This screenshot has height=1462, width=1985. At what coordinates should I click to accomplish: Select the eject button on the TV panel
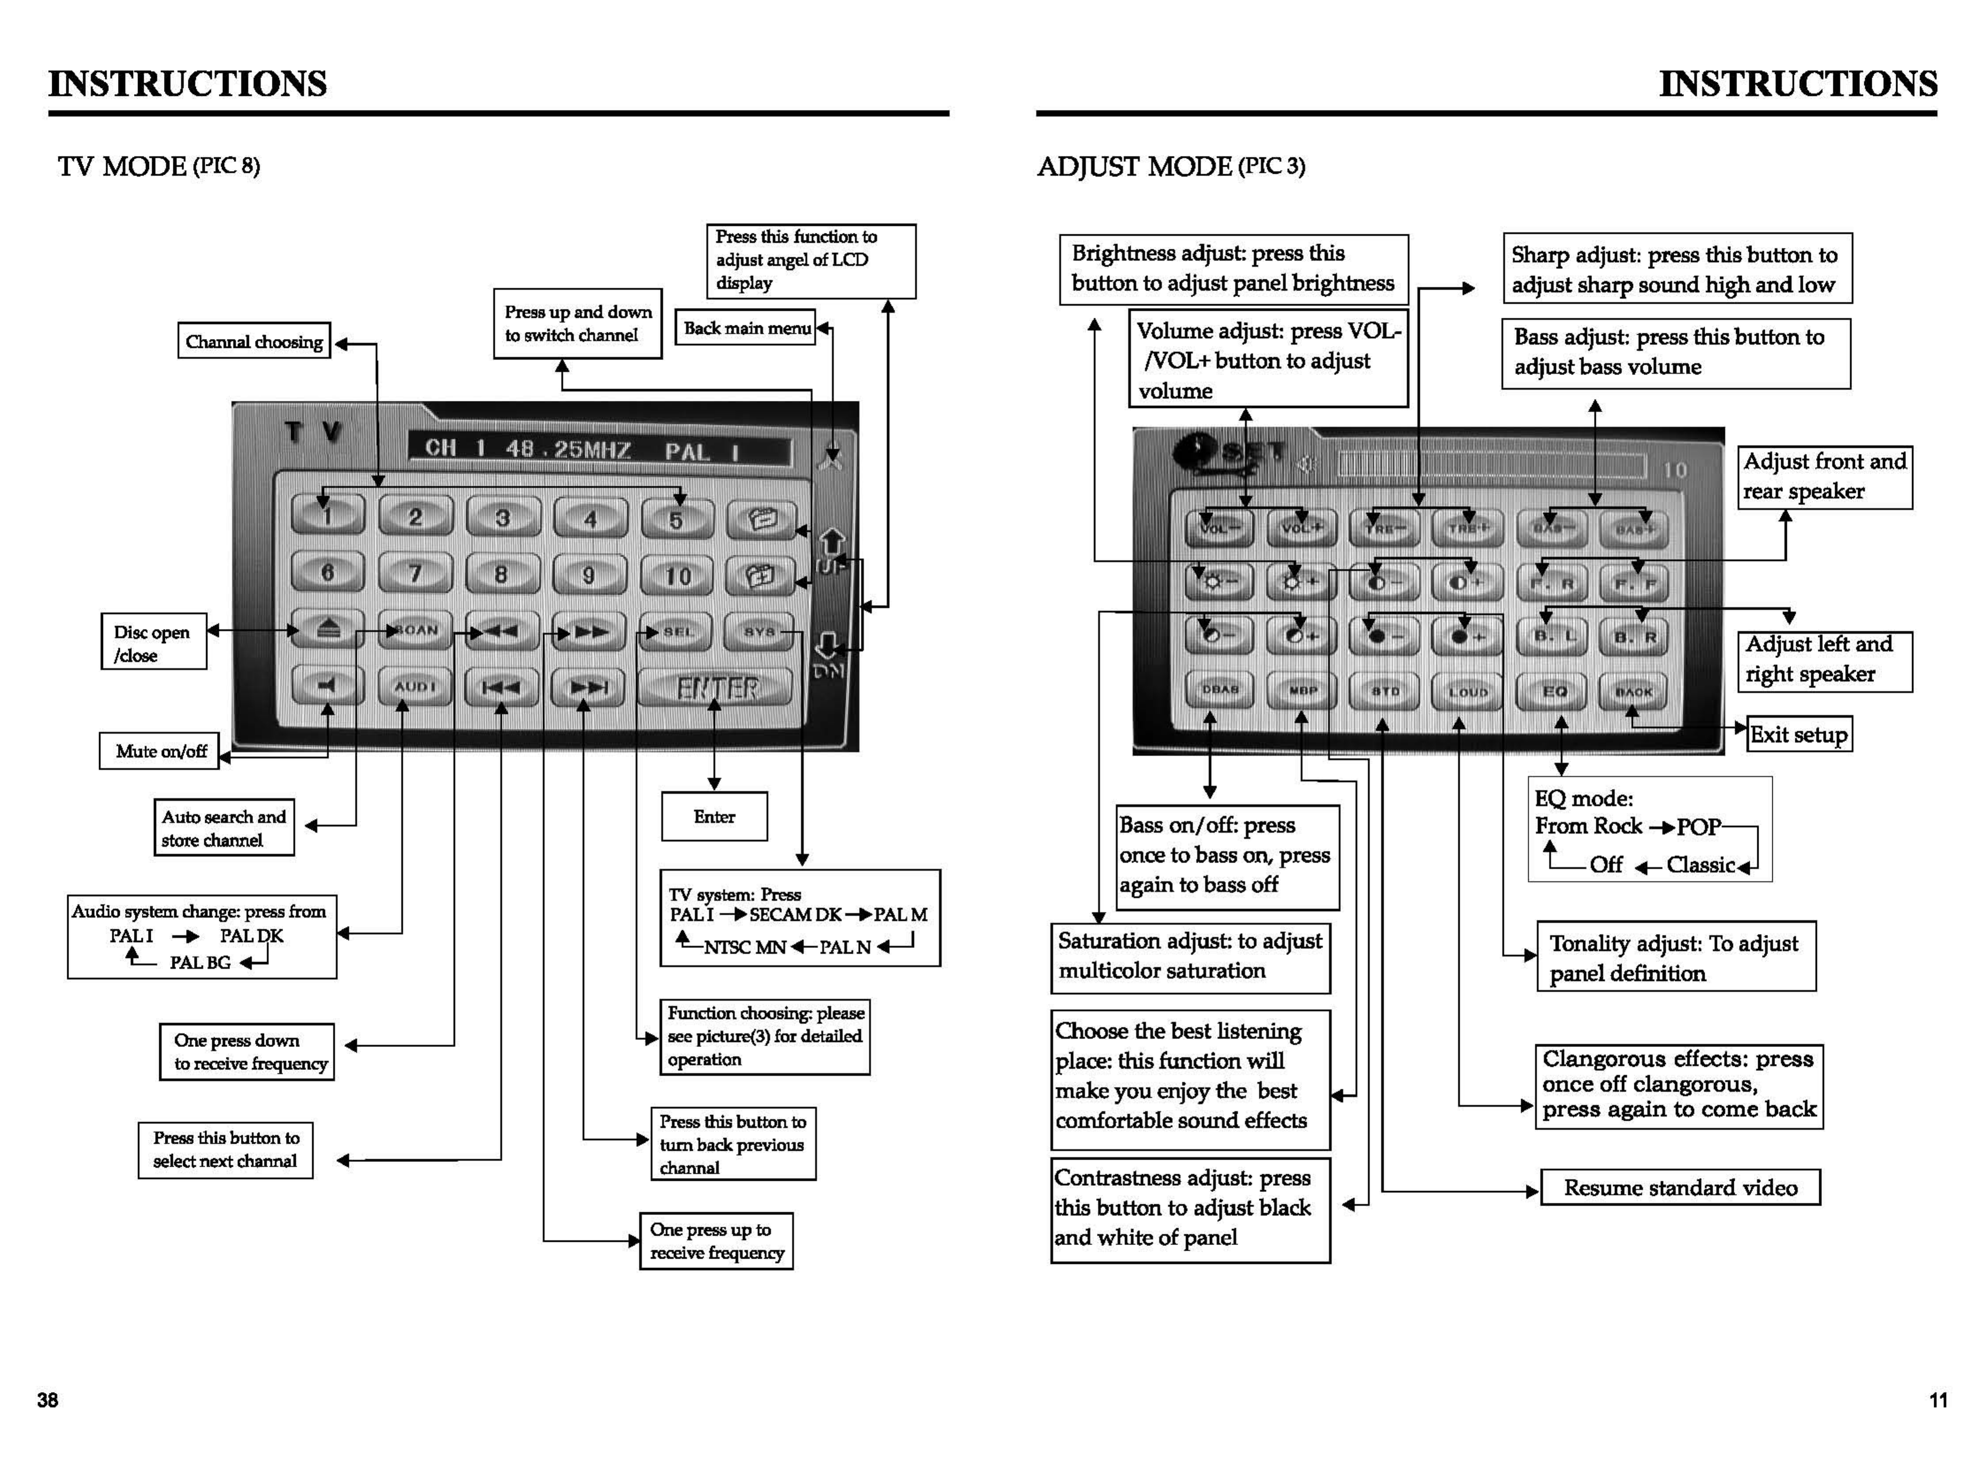(328, 630)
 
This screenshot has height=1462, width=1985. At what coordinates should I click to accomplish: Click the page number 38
(48, 1399)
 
